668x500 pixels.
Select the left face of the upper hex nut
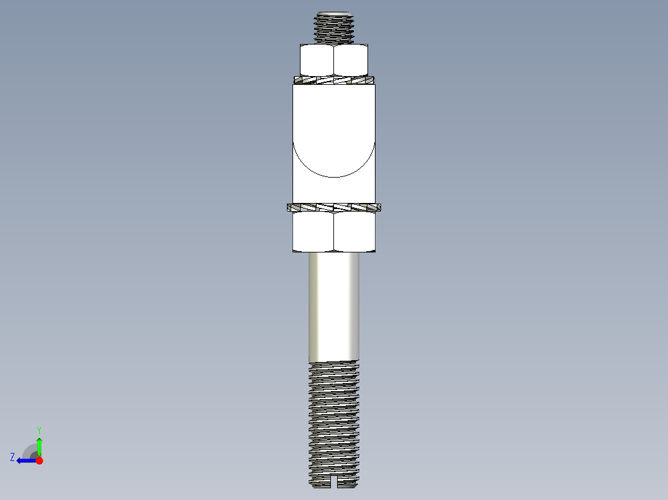tap(317, 61)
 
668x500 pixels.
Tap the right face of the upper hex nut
tap(351, 61)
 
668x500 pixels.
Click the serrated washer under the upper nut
tap(334, 79)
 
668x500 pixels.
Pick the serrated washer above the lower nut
tap(334, 207)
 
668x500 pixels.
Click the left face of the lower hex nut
tap(313, 231)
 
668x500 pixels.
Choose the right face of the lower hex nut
tap(354, 231)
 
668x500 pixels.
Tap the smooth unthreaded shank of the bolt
tap(334, 306)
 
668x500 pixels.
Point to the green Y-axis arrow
tap(39, 445)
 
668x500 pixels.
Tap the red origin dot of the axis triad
tap(40, 460)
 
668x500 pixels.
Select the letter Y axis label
tap(39, 429)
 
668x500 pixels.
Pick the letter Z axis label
tap(12, 457)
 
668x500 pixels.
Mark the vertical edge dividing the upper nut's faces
tap(334, 61)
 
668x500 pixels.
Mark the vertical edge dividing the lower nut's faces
tap(334, 231)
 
